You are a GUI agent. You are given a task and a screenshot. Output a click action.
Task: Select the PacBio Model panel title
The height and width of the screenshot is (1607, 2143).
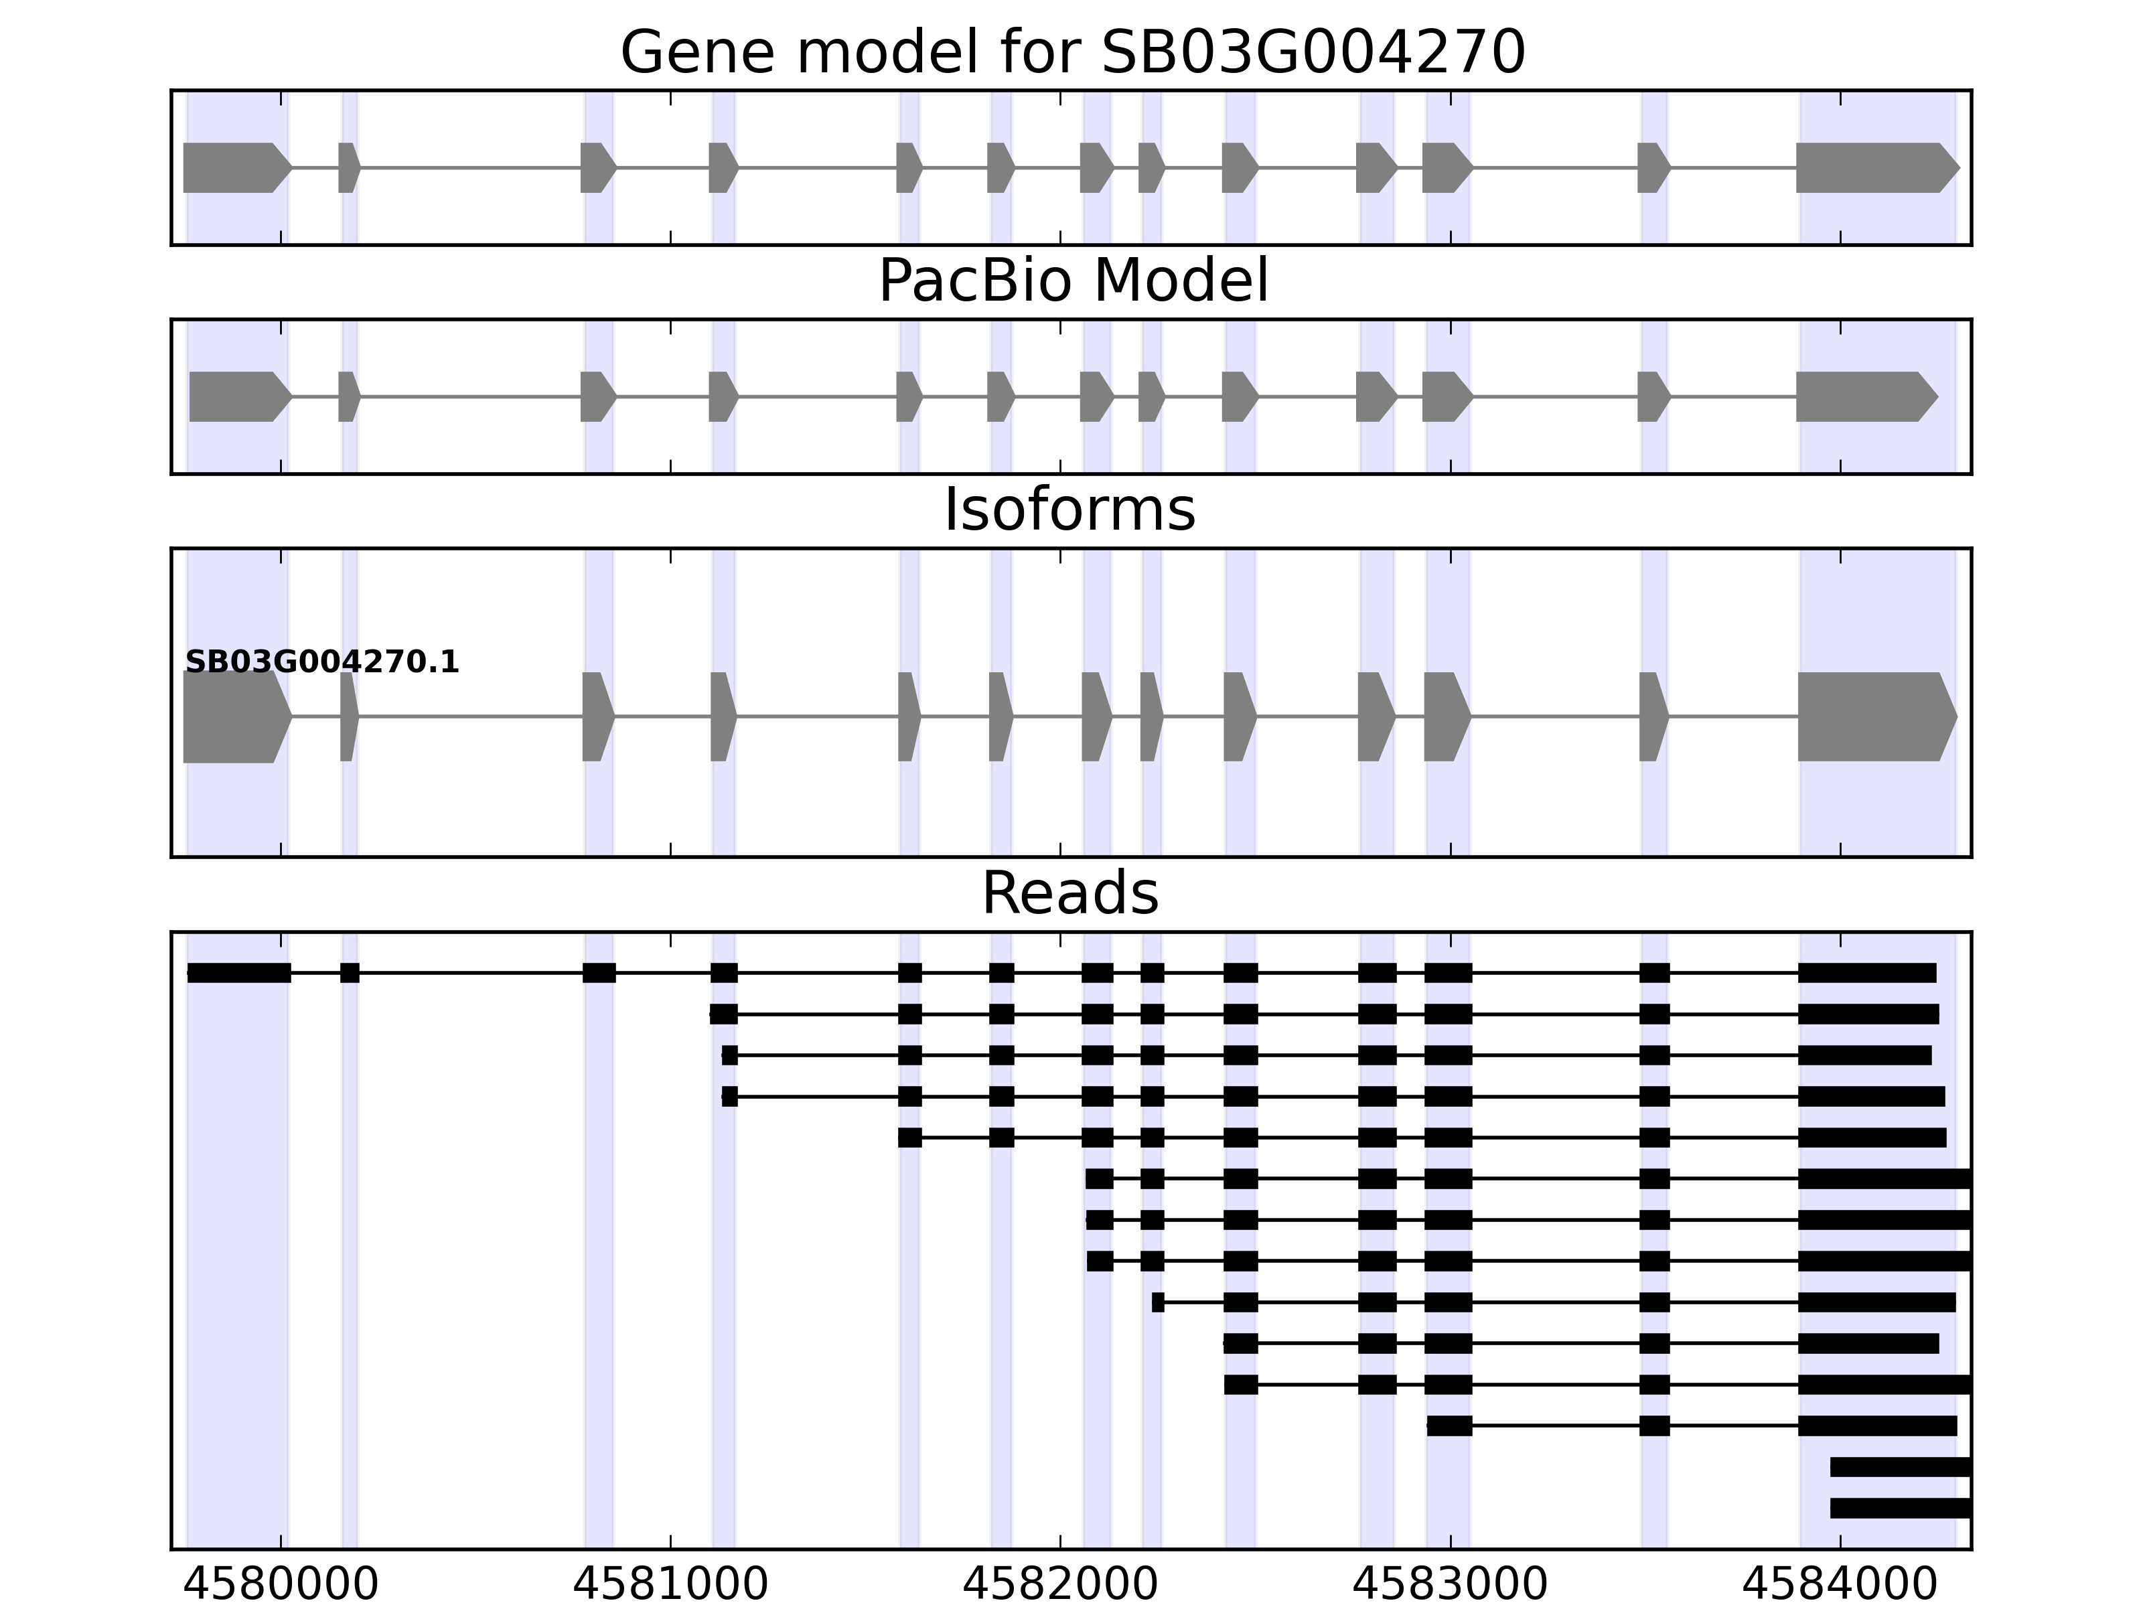click(x=1072, y=281)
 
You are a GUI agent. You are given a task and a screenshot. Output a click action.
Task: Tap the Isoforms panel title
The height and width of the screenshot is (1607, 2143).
click(x=1069, y=510)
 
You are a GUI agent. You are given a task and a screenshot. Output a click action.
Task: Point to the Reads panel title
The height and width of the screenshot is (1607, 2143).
click(x=1069, y=893)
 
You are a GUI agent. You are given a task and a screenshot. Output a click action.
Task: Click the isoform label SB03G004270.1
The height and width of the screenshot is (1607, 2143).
click(x=321, y=663)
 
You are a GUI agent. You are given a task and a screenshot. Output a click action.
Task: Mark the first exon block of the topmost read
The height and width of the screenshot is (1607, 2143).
click(x=239, y=972)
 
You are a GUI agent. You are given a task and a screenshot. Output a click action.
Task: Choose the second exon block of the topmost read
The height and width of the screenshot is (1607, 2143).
click(x=350, y=972)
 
